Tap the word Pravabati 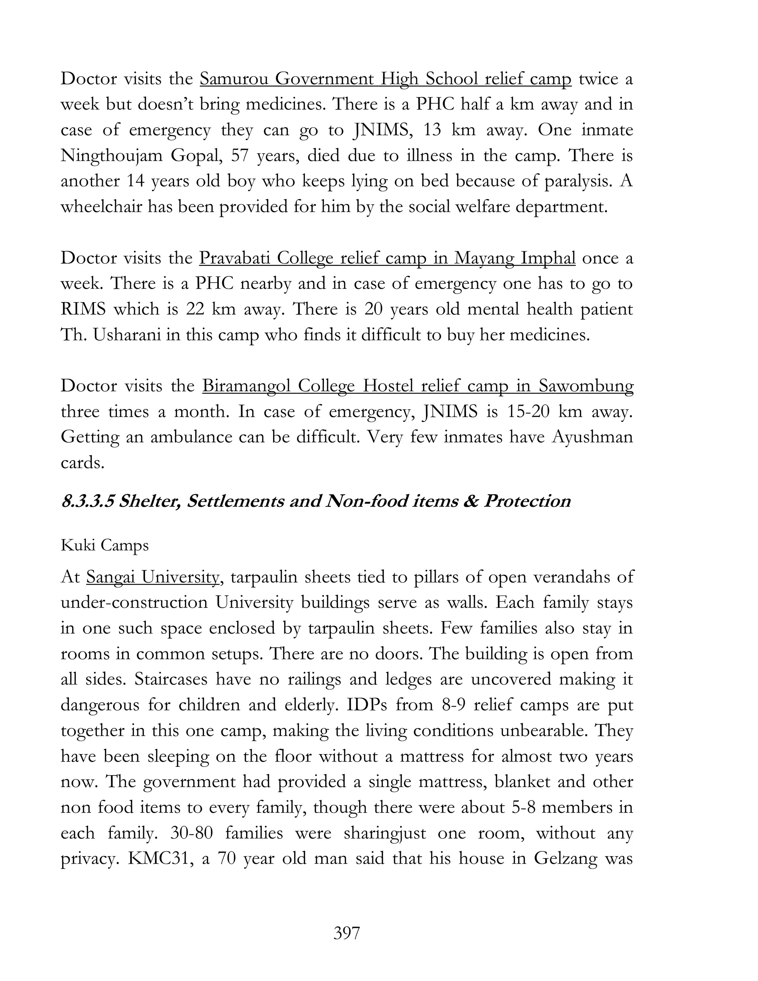234,258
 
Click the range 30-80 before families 192,833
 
